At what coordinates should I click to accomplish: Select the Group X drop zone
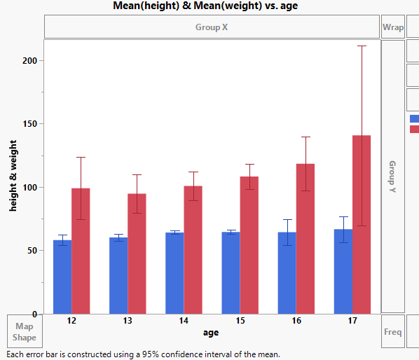point(211,27)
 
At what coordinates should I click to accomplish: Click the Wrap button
point(392,27)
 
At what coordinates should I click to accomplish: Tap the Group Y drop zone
point(392,176)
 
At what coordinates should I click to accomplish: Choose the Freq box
point(392,332)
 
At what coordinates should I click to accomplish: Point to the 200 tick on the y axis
point(28,60)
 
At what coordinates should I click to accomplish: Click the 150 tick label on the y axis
point(28,124)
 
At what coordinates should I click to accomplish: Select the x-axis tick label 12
point(71,321)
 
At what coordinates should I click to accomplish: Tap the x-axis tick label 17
point(352,321)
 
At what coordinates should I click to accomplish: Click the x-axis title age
point(211,332)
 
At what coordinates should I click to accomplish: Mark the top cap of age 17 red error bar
point(362,46)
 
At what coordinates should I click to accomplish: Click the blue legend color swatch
point(414,118)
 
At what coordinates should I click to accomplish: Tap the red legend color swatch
point(414,129)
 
